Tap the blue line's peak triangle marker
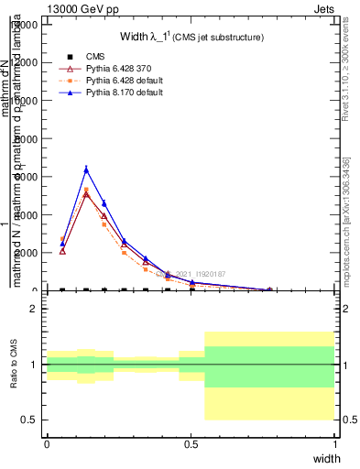tap(86, 169)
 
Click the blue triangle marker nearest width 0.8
tap(269, 290)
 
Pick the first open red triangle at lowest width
tap(62, 250)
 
